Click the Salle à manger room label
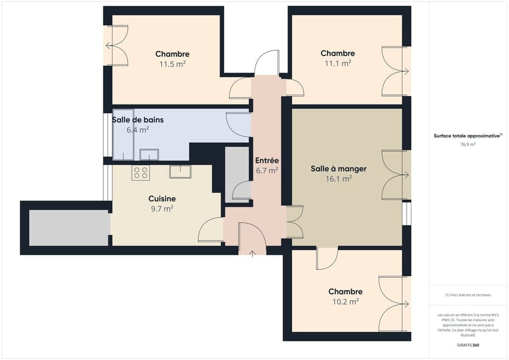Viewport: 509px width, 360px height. (338, 169)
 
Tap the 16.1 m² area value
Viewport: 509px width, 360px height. (338, 179)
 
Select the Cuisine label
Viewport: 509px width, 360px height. (162, 199)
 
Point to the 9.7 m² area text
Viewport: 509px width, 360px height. (162, 209)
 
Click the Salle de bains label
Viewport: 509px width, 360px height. (138, 120)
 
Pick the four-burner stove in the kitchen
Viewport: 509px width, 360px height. (141, 173)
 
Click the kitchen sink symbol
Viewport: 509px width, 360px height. (180, 171)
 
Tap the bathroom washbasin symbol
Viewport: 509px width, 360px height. (149, 154)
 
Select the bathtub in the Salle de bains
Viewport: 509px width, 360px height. (123, 135)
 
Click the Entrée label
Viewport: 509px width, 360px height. (267, 161)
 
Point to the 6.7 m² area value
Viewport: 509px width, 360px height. (267, 171)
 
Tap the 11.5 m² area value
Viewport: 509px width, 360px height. (172, 64)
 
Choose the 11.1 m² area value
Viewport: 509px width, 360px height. (338, 63)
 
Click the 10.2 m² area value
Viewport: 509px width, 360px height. (345, 302)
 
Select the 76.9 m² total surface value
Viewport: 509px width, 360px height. (468, 144)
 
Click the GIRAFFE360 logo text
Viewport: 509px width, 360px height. (468, 345)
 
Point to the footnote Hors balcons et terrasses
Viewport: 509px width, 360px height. (468, 295)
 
